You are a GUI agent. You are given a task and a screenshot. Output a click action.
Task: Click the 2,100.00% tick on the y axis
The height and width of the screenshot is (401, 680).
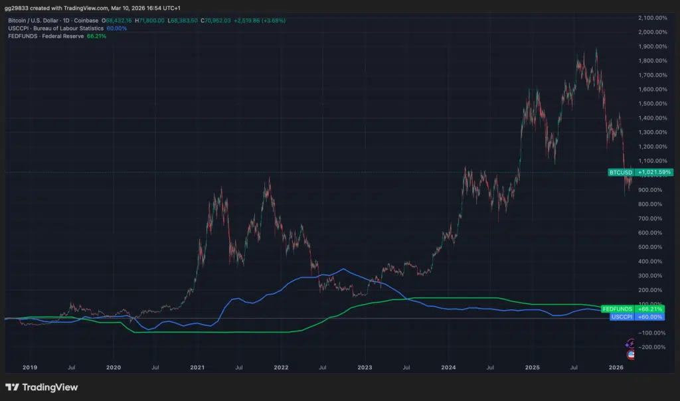tap(651, 17)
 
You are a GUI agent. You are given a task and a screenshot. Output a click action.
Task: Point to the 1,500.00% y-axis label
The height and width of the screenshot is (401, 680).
tap(651, 104)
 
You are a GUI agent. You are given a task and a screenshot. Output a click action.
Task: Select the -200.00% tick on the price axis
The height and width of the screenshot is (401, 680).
tap(651, 347)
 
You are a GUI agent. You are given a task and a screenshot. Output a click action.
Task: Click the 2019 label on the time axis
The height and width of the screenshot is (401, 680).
tap(30, 366)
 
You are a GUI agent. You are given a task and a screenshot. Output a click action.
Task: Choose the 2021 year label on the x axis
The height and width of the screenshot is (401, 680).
tap(197, 366)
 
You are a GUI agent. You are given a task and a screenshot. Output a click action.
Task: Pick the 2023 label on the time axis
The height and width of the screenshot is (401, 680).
tap(365, 366)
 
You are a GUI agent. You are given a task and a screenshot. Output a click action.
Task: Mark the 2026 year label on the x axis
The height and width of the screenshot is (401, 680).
tap(616, 366)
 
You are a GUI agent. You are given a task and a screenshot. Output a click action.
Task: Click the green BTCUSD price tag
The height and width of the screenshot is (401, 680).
tap(621, 173)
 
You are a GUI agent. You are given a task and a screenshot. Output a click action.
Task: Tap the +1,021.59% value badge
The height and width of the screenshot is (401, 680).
tap(653, 173)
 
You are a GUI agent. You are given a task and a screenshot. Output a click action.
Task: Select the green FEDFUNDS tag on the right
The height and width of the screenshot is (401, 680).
tap(617, 309)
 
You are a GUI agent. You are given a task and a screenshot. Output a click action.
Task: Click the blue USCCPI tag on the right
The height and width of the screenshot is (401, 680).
tap(622, 317)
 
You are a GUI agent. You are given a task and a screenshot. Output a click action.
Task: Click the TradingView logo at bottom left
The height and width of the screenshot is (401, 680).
tap(41, 387)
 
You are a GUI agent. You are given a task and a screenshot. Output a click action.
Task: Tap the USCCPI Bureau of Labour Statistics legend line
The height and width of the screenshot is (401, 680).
tap(56, 29)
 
